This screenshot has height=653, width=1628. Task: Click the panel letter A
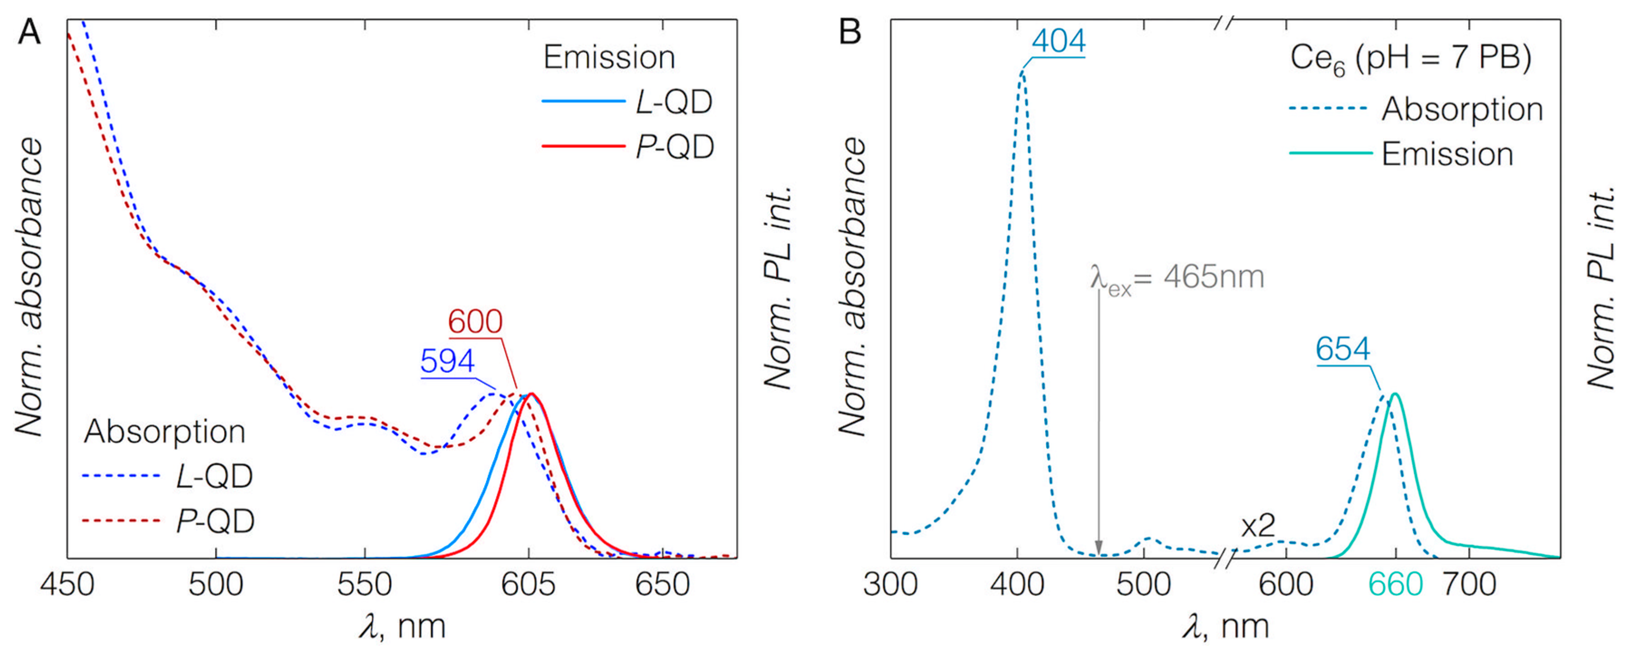29,32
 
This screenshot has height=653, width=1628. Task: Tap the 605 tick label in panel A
528,585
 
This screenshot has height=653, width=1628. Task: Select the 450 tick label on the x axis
67,585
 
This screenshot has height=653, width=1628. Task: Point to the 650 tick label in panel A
662,585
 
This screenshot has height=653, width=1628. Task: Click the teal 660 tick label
1396,585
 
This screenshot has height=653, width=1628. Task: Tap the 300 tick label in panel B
891,585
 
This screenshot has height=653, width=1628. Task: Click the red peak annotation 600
475,322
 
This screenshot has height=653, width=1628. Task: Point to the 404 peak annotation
1059,42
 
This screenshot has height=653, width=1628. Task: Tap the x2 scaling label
1257,526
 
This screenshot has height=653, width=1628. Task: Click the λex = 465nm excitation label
1177,278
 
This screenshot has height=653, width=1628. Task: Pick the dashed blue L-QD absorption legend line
121,476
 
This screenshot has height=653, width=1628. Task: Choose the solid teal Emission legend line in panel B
1330,153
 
